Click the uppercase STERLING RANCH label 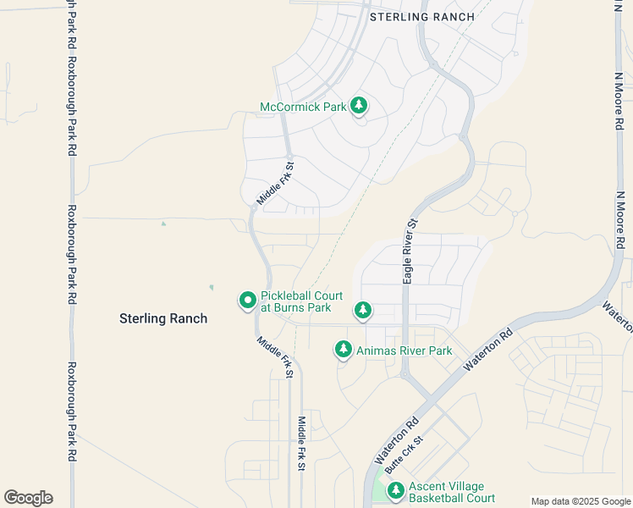point(421,16)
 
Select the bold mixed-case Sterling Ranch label point(163,318)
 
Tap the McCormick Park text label point(303,107)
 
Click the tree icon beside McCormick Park point(360,106)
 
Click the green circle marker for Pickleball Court point(248,300)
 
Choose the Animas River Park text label point(404,351)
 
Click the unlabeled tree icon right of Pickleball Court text point(363,311)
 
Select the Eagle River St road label point(410,251)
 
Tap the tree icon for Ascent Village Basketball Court point(395,490)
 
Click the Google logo point(28,498)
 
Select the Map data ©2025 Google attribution point(581,501)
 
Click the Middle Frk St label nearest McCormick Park point(275,185)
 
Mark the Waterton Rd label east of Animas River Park point(490,349)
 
